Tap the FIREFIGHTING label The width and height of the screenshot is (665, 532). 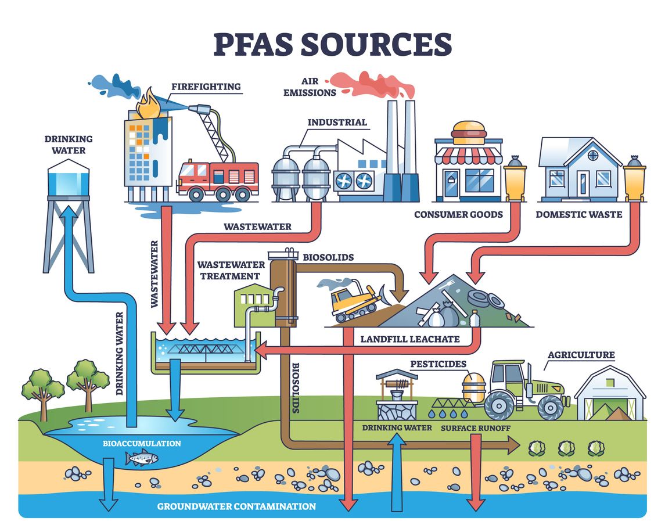coord(206,87)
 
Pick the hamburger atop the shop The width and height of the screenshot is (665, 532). coord(469,132)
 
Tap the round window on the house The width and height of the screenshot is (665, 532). coord(592,155)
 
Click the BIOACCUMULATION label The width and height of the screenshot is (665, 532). coord(142,443)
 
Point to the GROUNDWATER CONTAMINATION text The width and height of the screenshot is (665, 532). coord(236,506)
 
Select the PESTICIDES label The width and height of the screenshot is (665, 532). coord(438,364)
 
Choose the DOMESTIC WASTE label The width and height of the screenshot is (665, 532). coord(578,214)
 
